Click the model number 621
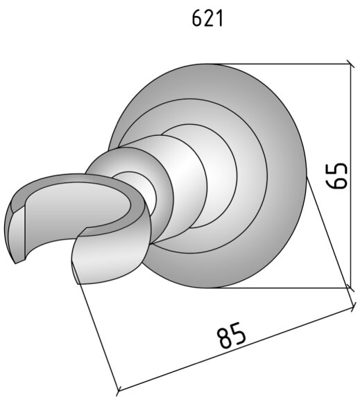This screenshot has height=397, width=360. (207, 19)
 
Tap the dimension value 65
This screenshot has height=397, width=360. (336, 176)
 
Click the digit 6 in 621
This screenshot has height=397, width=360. (197, 19)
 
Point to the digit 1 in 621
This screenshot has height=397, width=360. (220, 19)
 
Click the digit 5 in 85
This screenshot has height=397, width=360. (239, 332)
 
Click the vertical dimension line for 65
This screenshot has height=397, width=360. (351, 176)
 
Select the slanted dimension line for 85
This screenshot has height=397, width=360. (236, 351)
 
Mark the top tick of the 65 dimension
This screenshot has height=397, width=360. (351, 64)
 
